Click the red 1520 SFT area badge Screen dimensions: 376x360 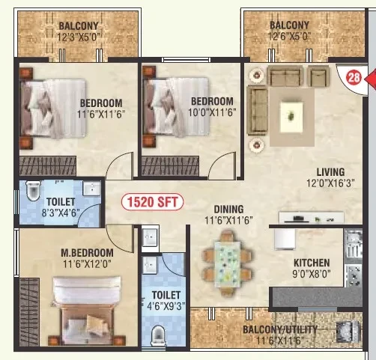click(152, 202)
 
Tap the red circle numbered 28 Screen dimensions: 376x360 click(354, 77)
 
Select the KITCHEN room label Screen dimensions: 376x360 click(312, 263)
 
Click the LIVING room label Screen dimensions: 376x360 click(330, 172)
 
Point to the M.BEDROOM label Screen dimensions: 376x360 click(87, 253)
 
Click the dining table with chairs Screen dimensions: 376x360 click(227, 263)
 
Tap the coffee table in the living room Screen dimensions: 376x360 click(291, 117)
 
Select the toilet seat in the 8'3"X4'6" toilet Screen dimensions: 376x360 click(33, 191)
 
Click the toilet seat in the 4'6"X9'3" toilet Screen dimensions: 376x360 click(158, 335)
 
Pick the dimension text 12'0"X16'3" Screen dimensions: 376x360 click(330, 183)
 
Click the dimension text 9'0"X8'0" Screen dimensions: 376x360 click(312, 274)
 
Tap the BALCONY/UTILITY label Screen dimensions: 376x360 click(280, 329)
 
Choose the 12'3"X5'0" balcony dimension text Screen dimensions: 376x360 click(79, 37)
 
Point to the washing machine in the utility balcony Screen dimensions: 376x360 click(348, 332)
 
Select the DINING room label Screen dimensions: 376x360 click(228, 210)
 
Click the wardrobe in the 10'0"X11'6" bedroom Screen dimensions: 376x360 click(170, 166)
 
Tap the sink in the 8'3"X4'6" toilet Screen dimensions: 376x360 click(91, 189)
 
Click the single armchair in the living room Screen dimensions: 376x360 click(318, 76)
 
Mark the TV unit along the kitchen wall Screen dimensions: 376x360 click(312, 217)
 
